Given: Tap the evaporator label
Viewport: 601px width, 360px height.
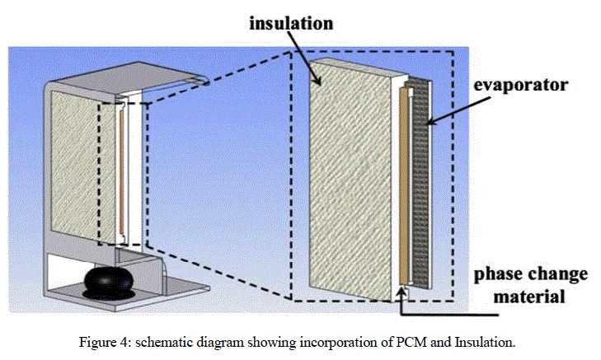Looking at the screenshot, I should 524,86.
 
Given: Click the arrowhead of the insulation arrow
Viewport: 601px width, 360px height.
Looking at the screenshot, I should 318,82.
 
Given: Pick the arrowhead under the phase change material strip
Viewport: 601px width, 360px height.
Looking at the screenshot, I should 402,289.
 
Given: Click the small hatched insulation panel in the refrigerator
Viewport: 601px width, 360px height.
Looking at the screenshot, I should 76,165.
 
